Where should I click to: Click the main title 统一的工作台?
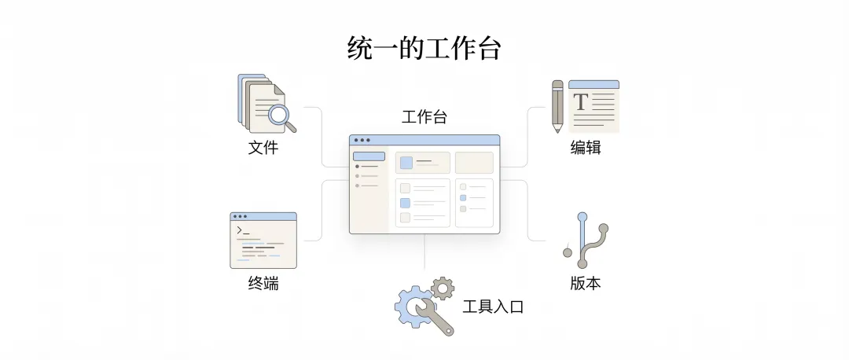point(424,48)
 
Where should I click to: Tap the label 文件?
point(263,147)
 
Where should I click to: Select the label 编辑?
point(586,147)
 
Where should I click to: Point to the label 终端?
point(263,284)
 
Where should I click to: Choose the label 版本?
point(586,284)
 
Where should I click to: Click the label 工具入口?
point(493,307)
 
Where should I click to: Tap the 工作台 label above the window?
point(424,117)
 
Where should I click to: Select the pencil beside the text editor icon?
point(557,105)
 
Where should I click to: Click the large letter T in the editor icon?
point(581,102)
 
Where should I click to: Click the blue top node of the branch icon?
point(582,216)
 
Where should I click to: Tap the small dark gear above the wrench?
point(443,288)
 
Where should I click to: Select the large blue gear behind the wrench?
point(410,305)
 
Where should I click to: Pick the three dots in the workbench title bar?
point(362,140)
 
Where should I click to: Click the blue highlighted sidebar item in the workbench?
point(369,156)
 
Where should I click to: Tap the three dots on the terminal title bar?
point(241,216)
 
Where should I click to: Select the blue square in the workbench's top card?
point(406,163)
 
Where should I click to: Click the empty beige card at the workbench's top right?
point(474,163)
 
